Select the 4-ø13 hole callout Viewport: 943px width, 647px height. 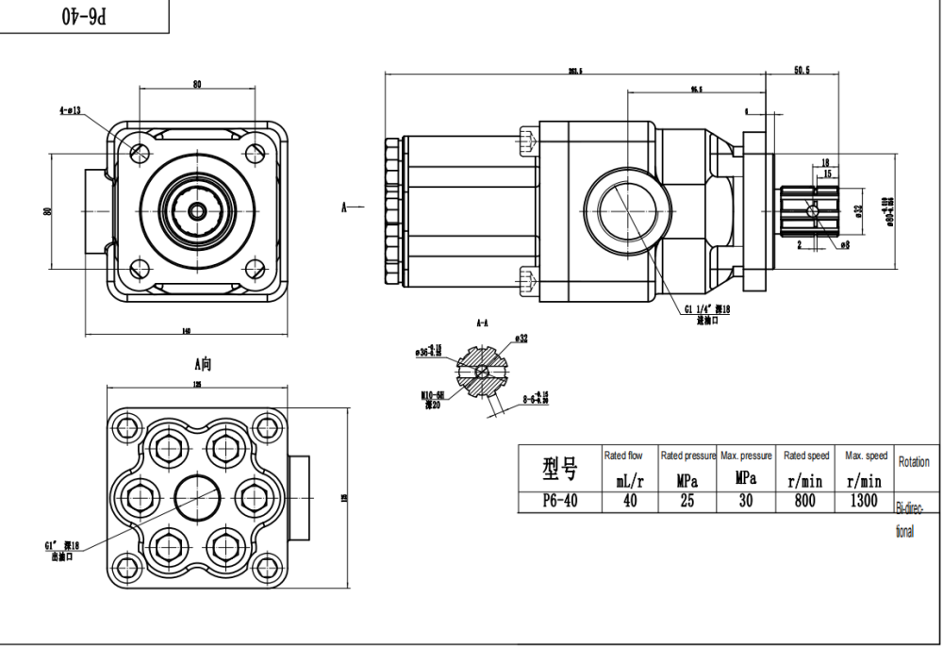click(70, 110)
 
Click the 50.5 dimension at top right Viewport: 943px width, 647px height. click(802, 70)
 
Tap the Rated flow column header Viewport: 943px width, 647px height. click(623, 456)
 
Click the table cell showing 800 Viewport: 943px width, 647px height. click(804, 502)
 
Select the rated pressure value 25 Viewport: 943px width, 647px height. click(687, 502)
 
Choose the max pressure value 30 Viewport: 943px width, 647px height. click(746, 502)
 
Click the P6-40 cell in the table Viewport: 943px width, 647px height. click(560, 502)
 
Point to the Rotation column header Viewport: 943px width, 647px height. click(913, 462)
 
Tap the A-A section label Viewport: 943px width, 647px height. click(482, 323)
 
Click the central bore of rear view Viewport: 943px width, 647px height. click(198, 492)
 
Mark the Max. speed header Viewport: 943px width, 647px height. click(866, 456)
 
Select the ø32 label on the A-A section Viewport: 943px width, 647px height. click(521, 339)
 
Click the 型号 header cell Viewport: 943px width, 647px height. click(560, 466)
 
